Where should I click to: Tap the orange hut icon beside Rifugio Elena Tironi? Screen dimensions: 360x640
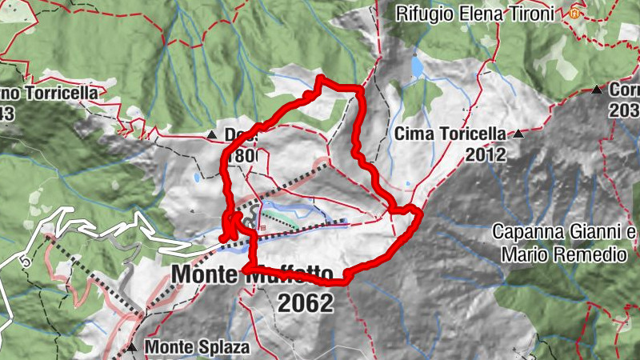tap(574, 13)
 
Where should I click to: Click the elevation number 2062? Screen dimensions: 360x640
tap(305, 302)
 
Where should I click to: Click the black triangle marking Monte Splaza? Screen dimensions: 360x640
tap(131, 349)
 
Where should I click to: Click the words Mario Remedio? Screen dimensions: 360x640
tap(564, 255)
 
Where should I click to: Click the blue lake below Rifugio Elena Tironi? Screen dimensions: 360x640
tap(416, 64)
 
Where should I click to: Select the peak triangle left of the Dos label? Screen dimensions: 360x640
tap(211, 135)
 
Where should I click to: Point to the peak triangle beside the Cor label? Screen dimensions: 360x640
tap(597, 90)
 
